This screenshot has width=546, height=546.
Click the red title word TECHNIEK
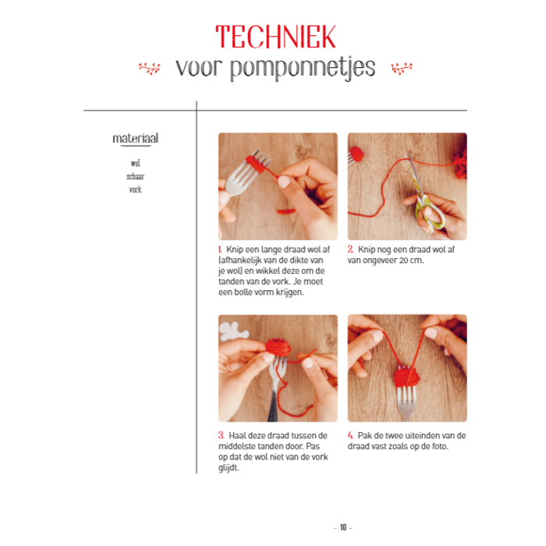coord(275,37)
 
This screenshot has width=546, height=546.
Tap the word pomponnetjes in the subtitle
coord(303,68)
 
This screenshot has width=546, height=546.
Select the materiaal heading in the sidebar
coord(136,139)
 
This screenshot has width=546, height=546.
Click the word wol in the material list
coord(136,163)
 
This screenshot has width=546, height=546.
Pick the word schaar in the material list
coord(136,176)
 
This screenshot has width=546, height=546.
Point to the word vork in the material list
coord(136,190)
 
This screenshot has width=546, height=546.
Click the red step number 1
coord(220,250)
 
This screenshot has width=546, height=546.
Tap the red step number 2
coord(350,250)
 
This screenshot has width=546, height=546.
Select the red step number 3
coord(221,435)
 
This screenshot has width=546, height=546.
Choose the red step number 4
coord(350,435)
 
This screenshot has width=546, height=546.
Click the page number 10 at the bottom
coord(343,527)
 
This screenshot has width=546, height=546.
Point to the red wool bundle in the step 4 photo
coord(406,377)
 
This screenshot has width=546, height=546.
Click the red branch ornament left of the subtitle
coord(150,68)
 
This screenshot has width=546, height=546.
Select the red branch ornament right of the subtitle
coord(402,68)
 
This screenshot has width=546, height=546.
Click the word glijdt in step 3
coord(229,468)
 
